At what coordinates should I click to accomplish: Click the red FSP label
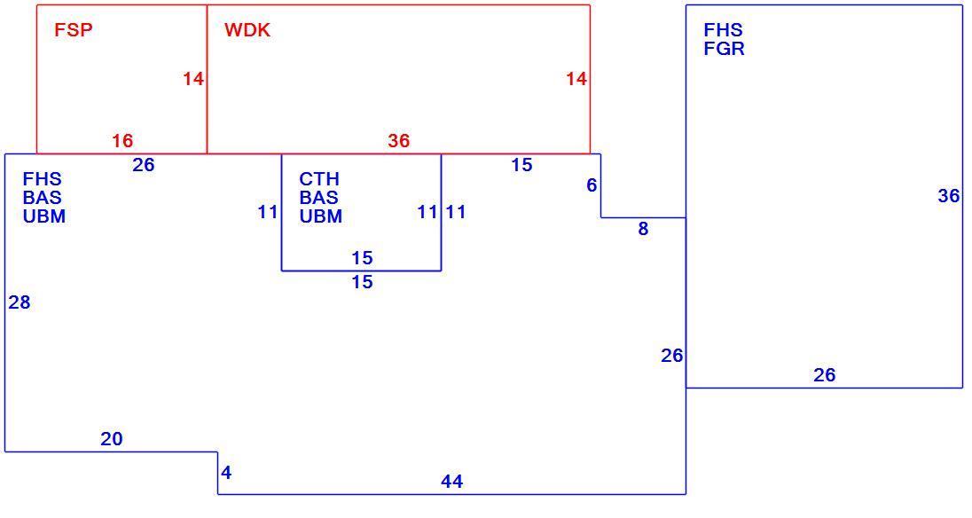pos(73,30)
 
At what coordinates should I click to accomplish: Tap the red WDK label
pos(247,30)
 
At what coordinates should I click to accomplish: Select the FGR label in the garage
pos(724,48)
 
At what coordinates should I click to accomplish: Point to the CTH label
pos(319,179)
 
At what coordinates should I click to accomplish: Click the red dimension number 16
pos(122,141)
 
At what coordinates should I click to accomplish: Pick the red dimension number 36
pos(398,141)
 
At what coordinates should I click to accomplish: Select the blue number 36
pos(948,196)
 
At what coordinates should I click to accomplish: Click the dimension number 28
pos(20,302)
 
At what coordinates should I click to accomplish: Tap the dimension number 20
pos(112,439)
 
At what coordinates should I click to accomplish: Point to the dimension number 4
pos(226,473)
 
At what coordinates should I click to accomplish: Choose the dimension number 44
pos(452,482)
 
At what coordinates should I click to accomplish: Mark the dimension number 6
pos(592,184)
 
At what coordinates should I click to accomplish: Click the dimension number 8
pos(644,229)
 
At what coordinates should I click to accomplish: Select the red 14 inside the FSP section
pos(193,79)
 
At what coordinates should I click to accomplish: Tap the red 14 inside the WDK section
pos(576,79)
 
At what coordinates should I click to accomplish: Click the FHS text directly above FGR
pos(724,30)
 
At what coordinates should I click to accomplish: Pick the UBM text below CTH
pos(320,216)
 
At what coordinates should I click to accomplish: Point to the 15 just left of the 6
pos(522,165)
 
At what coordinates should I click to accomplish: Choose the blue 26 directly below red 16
pos(143,165)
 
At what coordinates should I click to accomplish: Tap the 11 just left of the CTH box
pos(268,212)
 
